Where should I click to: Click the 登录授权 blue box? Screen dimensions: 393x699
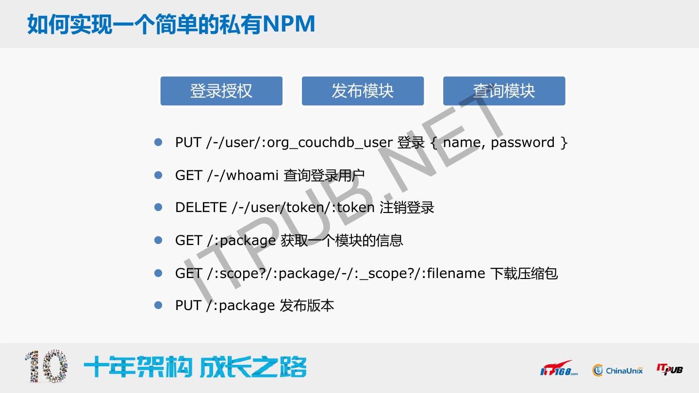221,91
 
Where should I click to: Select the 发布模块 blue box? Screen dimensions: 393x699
363,91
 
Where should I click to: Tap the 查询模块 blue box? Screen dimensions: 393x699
504,91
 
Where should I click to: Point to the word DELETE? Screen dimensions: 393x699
201,208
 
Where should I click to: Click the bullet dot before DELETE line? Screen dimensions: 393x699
158,207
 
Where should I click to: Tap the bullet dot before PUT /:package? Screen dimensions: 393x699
158,305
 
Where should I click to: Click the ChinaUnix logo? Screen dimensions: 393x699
617,371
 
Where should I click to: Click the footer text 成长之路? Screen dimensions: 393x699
253,367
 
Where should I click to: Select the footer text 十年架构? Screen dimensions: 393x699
138,367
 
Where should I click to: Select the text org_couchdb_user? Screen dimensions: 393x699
330,143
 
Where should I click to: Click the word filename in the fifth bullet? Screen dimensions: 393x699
456,273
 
